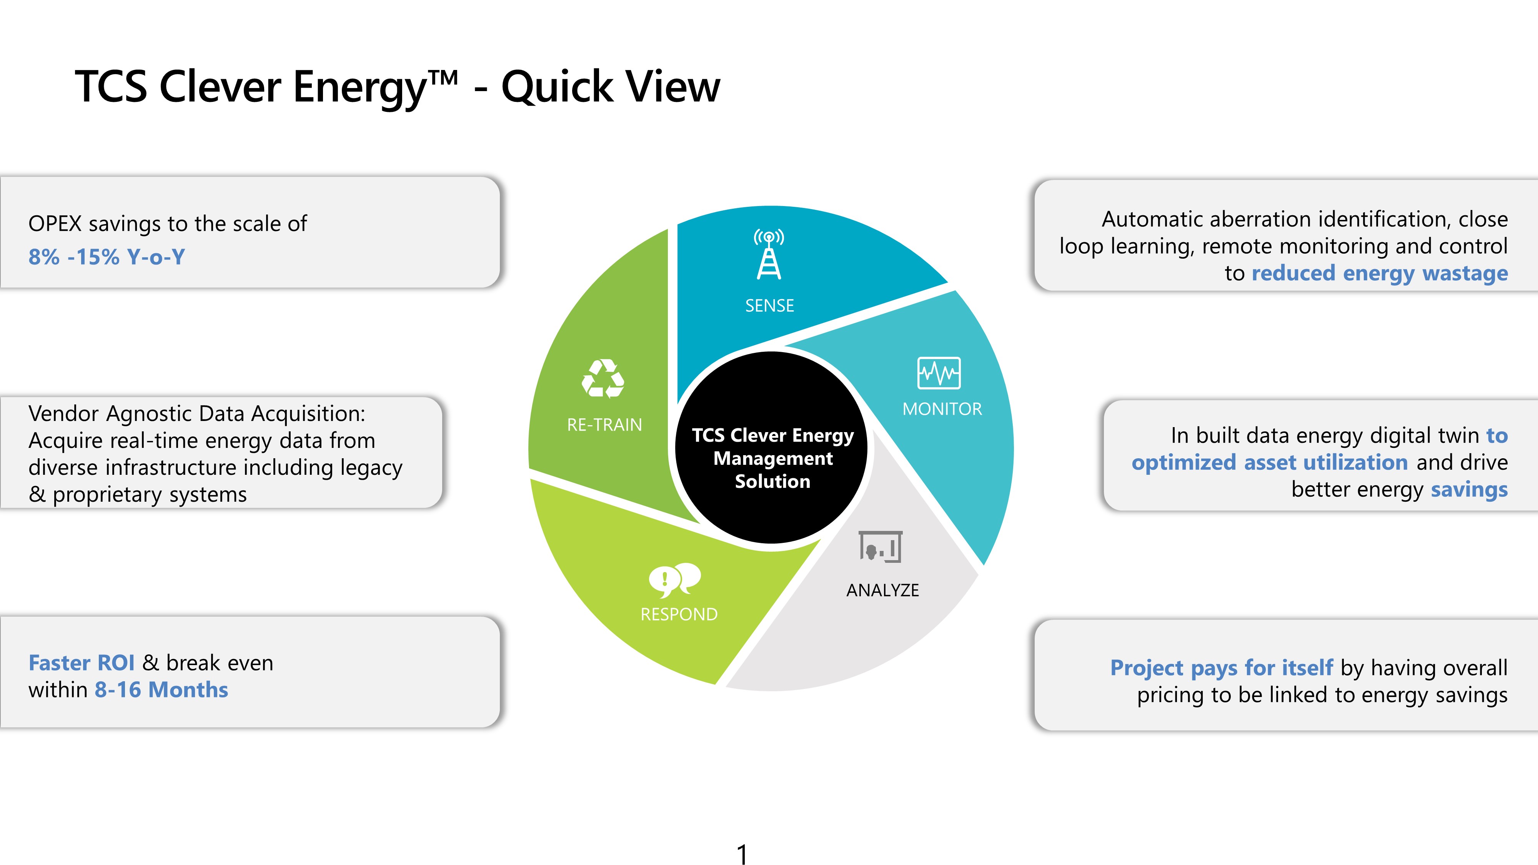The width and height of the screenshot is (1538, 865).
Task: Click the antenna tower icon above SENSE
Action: point(769,254)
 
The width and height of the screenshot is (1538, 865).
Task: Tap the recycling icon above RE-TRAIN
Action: point(603,378)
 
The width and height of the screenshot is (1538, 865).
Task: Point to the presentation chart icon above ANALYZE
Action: point(881,546)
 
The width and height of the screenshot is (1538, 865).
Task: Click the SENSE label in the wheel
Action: point(770,306)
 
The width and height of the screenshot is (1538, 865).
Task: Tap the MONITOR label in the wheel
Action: point(942,409)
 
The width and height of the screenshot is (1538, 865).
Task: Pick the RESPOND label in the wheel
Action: point(679,614)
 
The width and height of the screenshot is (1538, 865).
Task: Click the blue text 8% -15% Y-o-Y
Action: point(107,257)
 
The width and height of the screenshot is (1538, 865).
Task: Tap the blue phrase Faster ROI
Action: point(82,663)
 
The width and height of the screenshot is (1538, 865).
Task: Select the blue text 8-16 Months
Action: point(161,690)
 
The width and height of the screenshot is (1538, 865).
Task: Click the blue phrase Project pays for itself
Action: point(1222,667)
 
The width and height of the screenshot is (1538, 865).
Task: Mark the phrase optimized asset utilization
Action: point(1270,462)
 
